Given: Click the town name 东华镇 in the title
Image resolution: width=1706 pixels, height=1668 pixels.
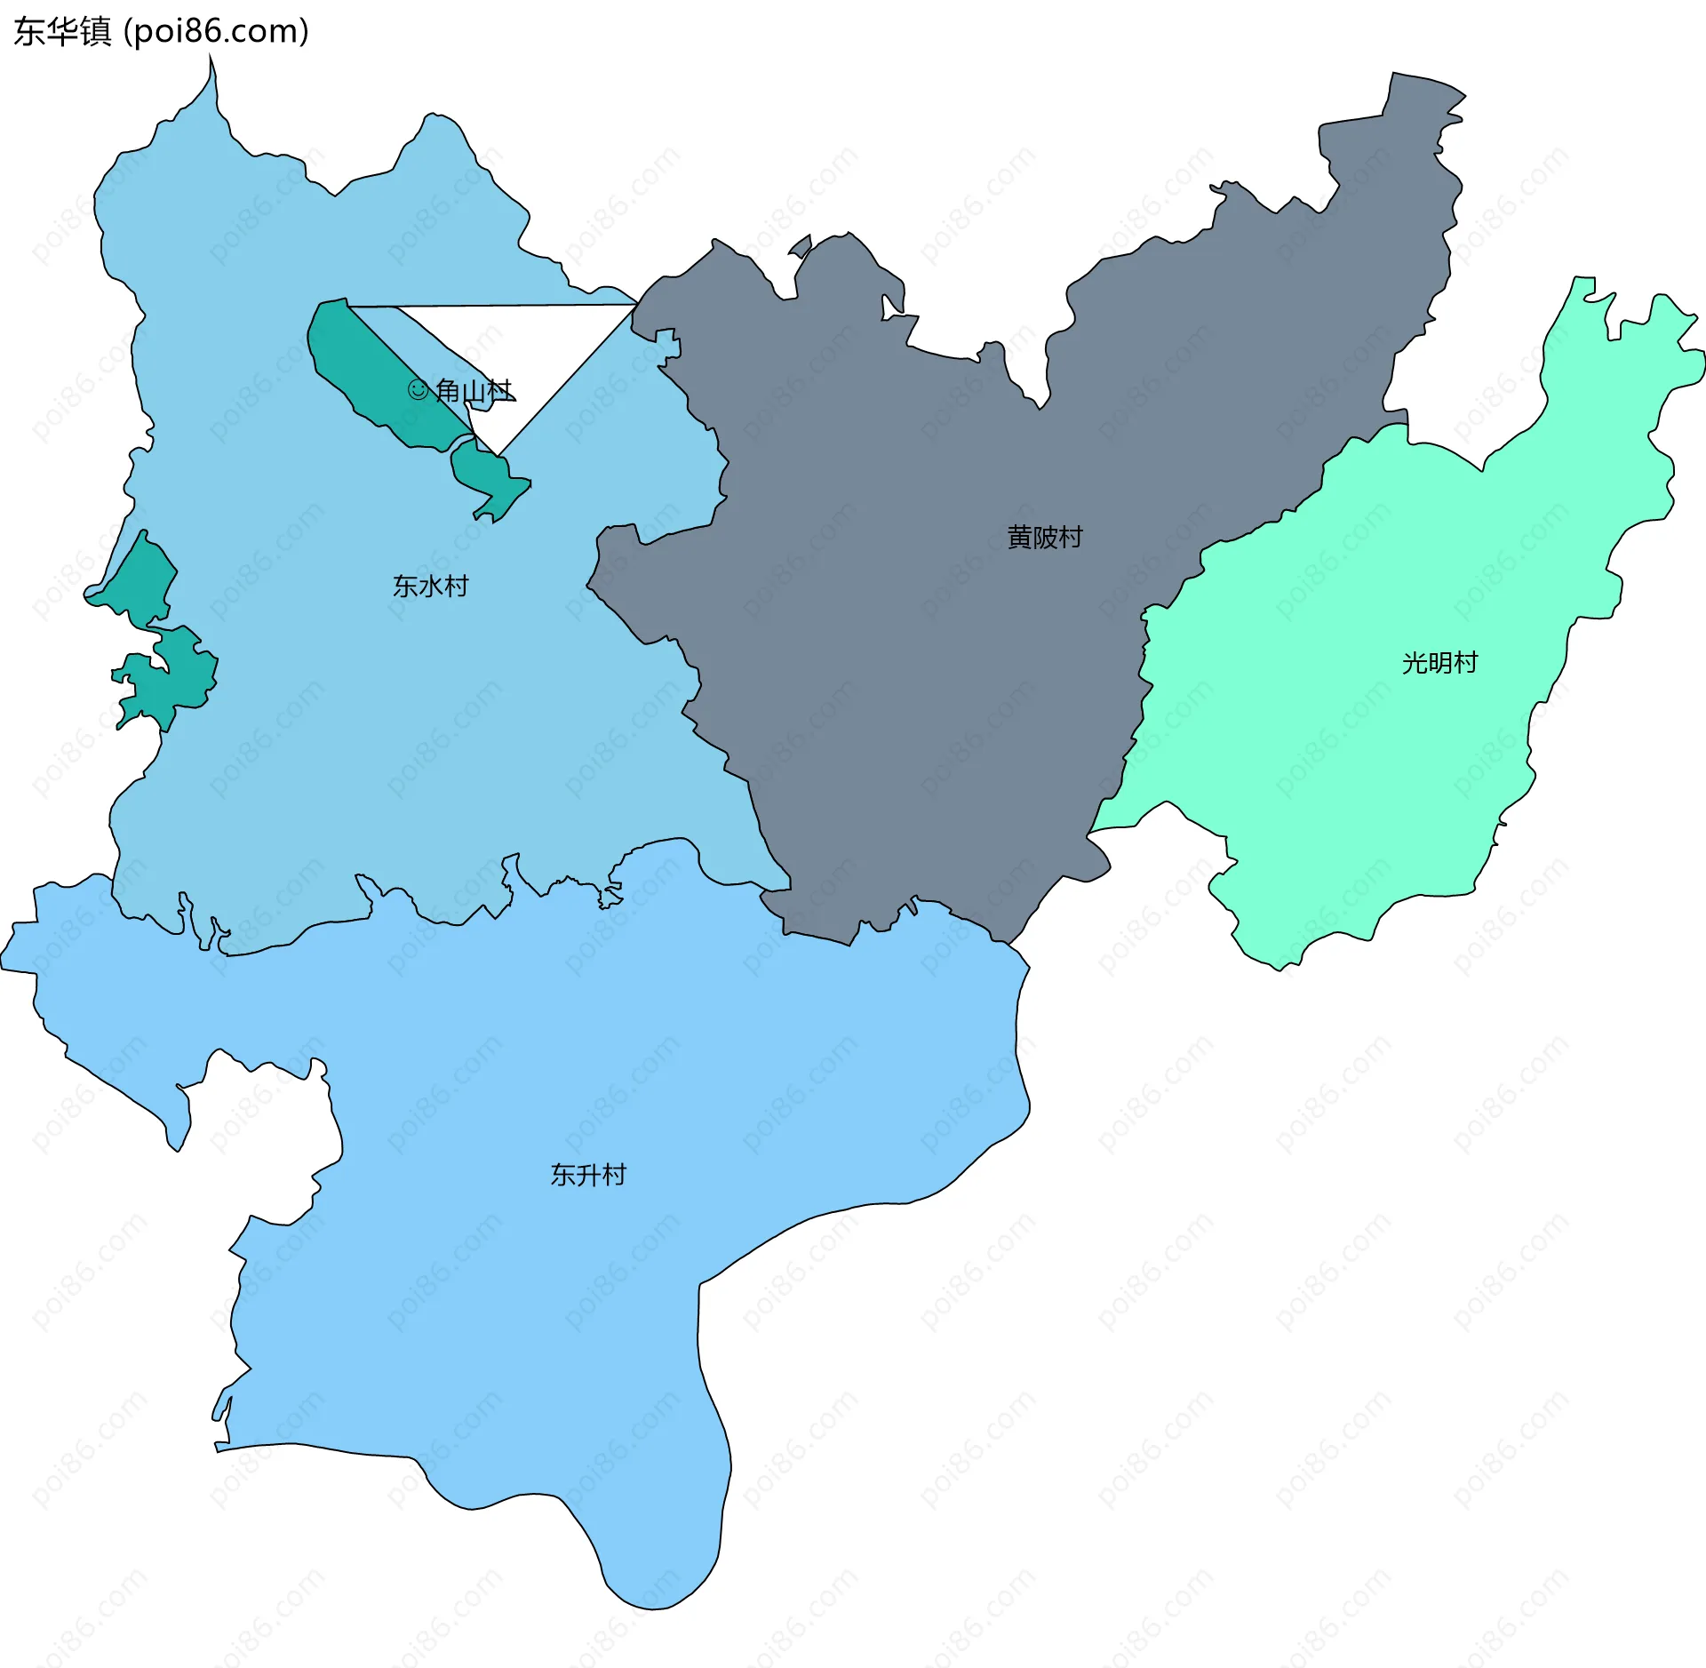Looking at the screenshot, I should coord(62,32).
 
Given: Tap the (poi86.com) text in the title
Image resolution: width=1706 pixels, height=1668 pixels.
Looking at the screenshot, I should coord(216,32).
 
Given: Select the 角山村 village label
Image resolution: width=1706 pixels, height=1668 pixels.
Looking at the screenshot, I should coord(474,391).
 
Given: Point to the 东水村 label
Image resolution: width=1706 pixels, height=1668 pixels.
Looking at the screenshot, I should coord(430,587).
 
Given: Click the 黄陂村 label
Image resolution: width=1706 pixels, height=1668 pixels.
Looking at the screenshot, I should coord(1044,538).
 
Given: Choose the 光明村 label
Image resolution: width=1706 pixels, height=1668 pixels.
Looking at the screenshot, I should coord(1439,663).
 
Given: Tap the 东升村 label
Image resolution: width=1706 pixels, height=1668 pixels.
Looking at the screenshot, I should coord(588,1175).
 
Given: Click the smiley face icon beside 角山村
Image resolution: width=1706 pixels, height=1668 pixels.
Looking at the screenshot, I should coord(418,390).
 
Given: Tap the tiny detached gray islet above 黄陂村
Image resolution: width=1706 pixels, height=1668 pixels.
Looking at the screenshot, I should coord(801,245).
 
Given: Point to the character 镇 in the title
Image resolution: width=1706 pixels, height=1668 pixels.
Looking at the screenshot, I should coord(95,32).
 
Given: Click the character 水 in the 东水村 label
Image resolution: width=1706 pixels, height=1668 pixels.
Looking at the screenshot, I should coord(430,587).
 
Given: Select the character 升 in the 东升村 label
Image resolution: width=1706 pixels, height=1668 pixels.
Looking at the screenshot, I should coord(588,1175).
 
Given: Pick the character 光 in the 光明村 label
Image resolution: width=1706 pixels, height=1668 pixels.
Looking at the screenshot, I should coord(1415,663).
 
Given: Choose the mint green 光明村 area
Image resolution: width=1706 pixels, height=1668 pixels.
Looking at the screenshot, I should coord(1377,755).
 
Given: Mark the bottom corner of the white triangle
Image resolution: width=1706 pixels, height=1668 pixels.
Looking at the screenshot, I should coord(498,455).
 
